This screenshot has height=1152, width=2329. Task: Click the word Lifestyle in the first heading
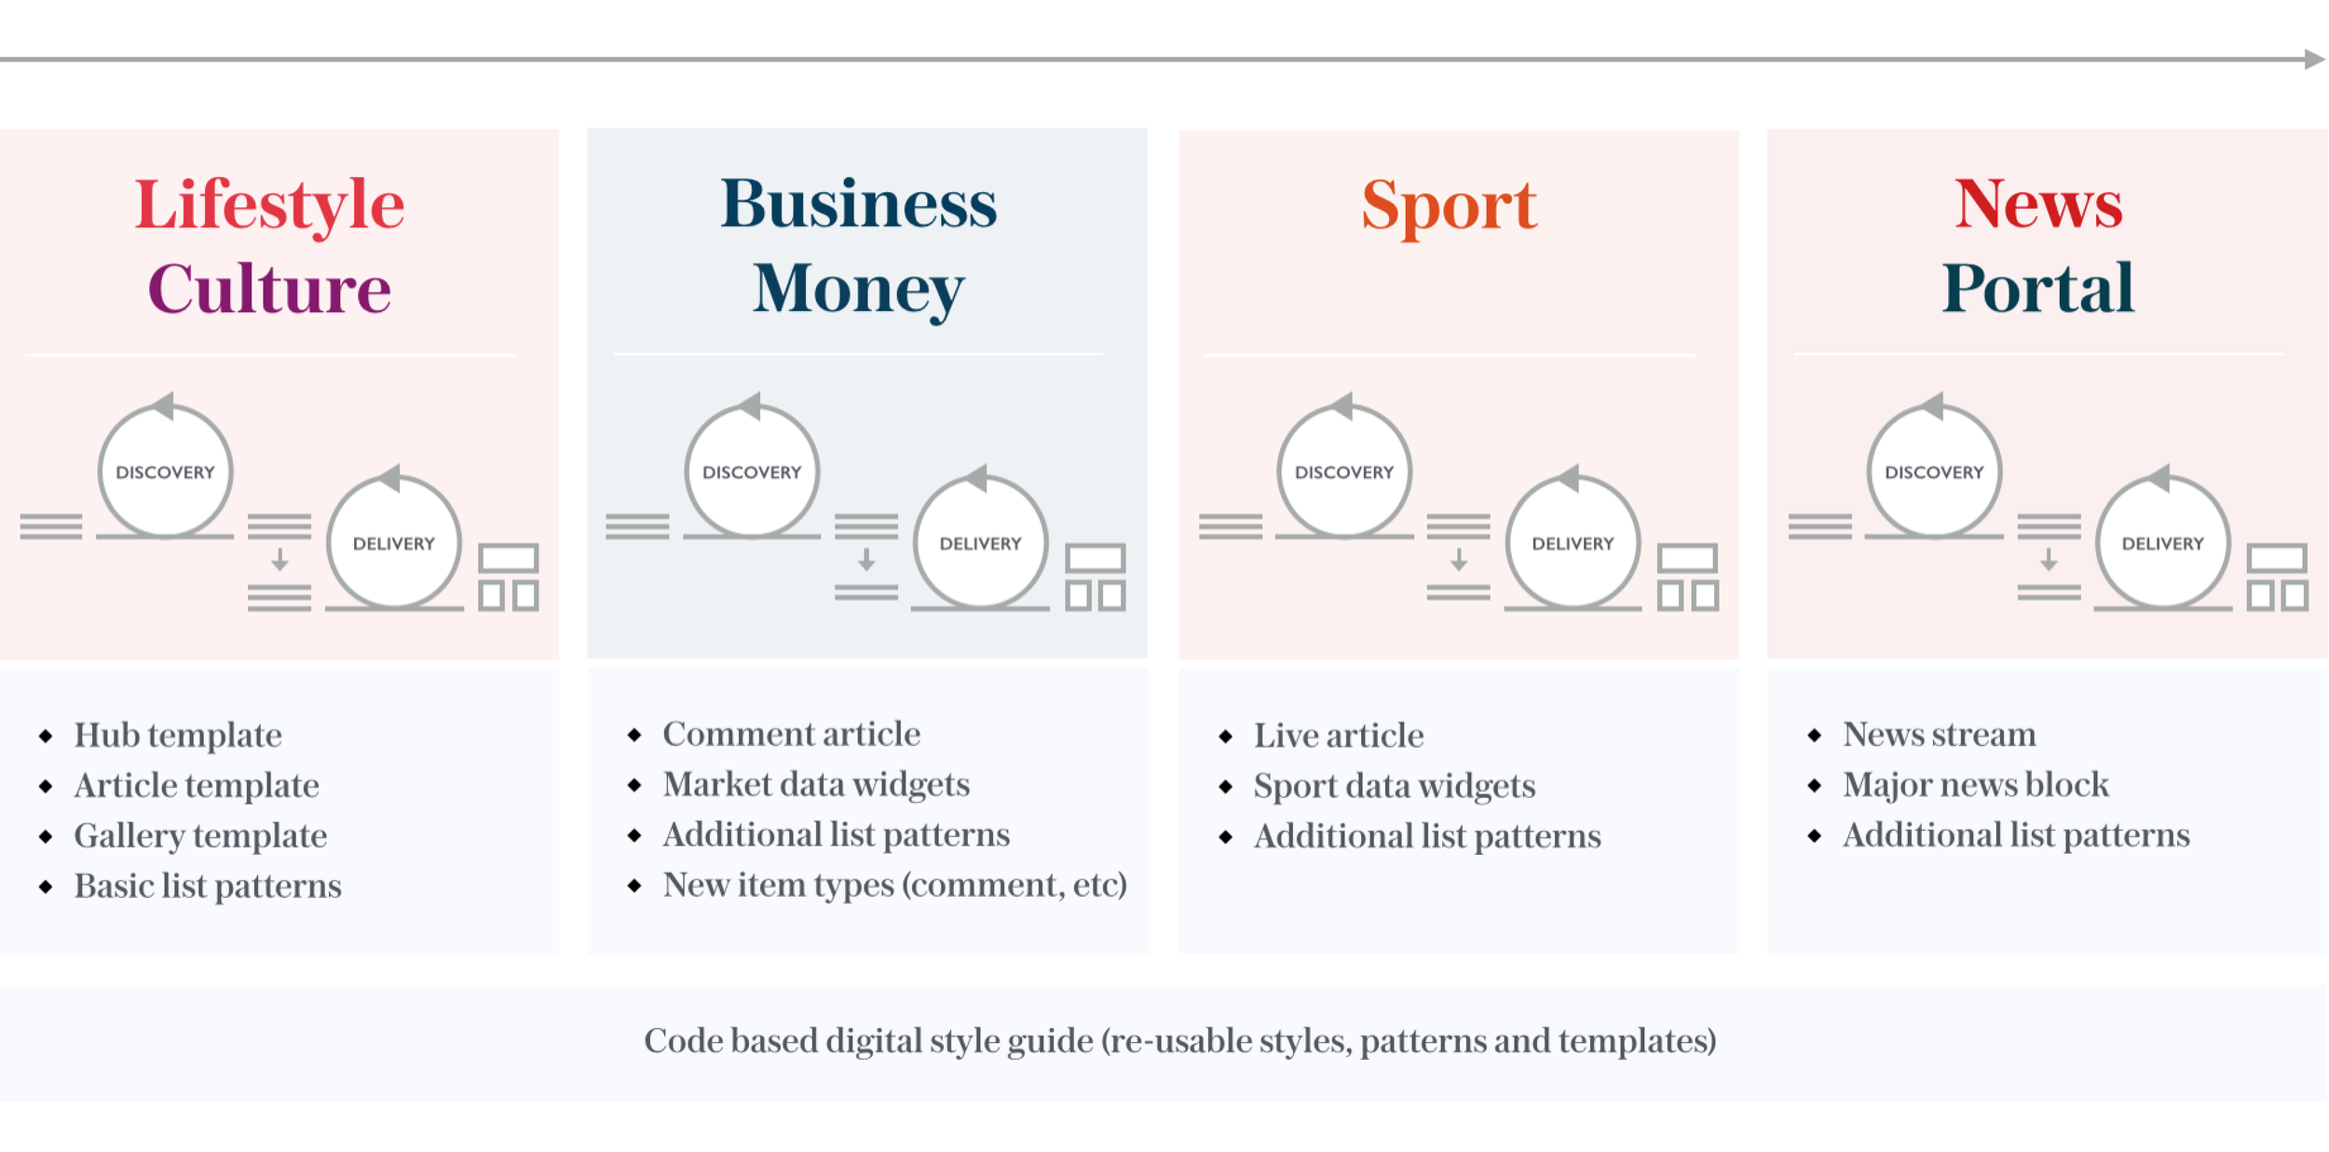tap(269, 205)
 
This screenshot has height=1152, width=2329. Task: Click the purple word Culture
tap(269, 289)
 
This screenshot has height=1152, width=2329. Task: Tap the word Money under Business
tap(858, 289)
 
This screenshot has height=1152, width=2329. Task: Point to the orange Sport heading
tap(1449, 205)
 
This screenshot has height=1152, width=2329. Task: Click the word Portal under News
tap(2037, 289)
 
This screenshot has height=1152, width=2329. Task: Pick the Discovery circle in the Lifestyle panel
tap(165, 472)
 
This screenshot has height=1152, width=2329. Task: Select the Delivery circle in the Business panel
tap(980, 543)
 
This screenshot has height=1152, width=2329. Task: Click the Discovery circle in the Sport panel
tap(1343, 472)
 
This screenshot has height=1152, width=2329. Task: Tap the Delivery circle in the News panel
tap(2162, 543)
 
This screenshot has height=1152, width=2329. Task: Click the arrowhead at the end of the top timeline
tap(2314, 60)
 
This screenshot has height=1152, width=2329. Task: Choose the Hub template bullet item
tap(178, 735)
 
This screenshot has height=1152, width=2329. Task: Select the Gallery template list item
tap(200, 835)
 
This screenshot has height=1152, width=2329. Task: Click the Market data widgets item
tap(816, 784)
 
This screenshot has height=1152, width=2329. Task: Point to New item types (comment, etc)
tap(894, 885)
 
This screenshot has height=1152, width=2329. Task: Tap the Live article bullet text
tap(1338, 736)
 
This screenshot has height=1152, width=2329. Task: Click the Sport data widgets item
tap(1394, 786)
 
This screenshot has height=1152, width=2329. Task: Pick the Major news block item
tap(1975, 784)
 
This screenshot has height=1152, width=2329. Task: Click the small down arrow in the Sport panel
tap(1458, 560)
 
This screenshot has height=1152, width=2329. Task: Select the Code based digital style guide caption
tap(1179, 1041)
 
